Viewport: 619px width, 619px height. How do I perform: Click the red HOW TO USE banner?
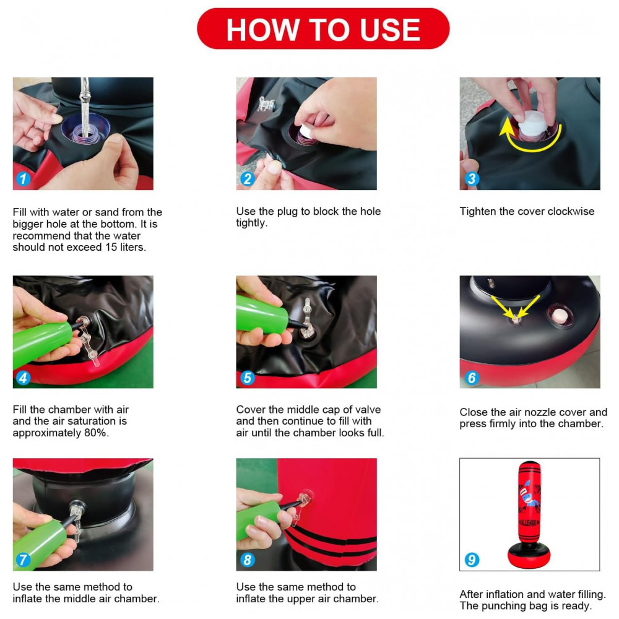323,29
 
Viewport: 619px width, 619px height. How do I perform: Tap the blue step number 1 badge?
24,179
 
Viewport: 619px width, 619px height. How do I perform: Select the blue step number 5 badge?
247,378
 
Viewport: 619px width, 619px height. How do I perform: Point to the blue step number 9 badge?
472,560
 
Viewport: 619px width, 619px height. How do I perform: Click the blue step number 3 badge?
471,179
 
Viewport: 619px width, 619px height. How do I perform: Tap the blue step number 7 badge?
24,560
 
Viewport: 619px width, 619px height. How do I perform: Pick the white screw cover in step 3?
532,124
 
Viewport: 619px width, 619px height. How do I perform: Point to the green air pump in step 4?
41,344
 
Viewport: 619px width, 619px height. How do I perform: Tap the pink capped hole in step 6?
560,316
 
